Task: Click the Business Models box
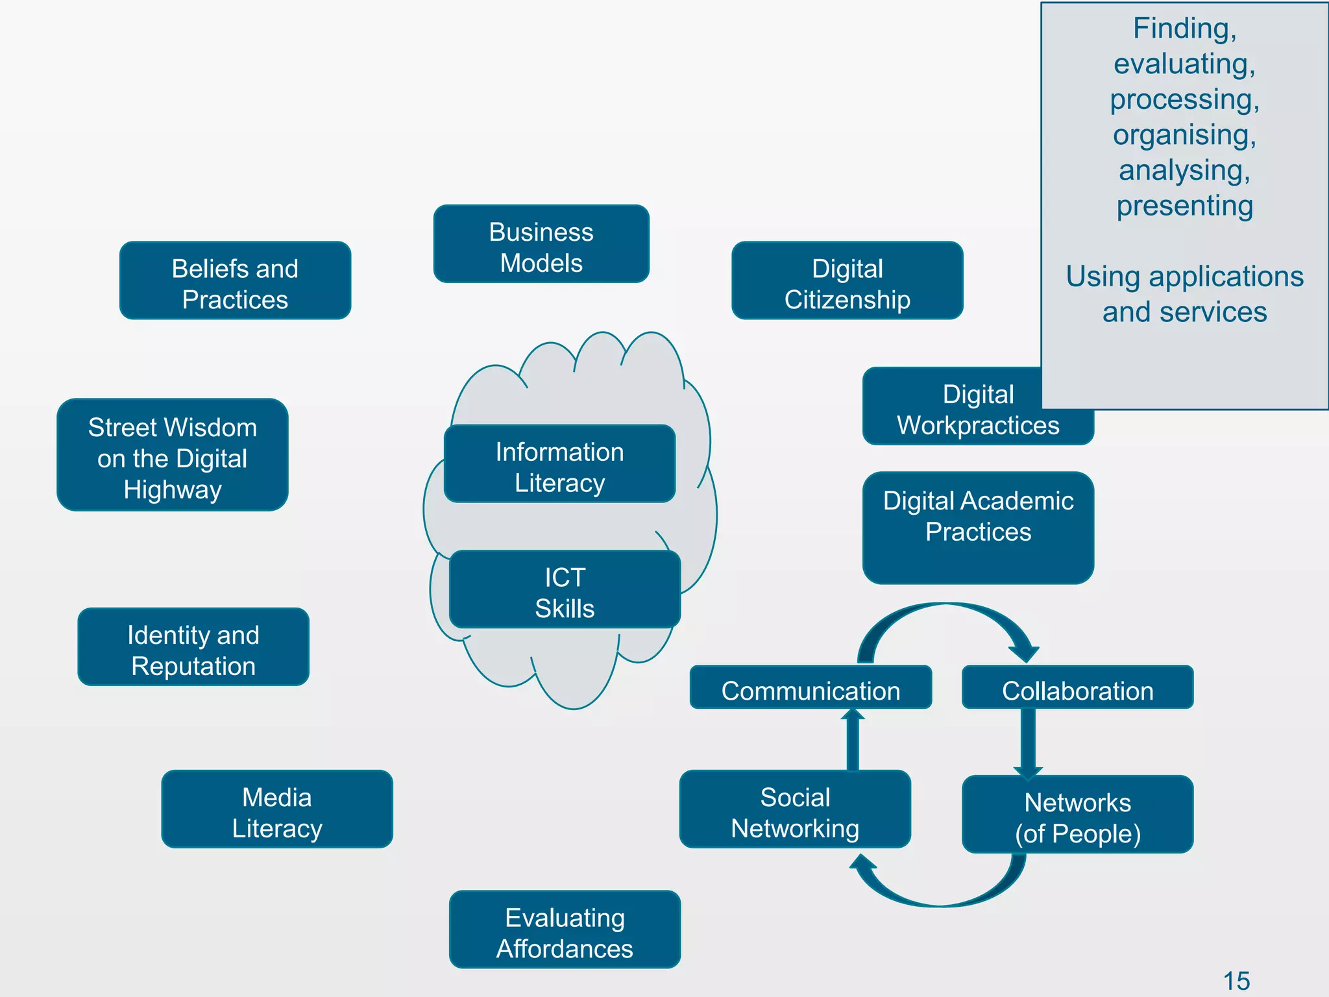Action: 541,244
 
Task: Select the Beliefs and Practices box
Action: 235,280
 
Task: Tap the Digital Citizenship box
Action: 847,280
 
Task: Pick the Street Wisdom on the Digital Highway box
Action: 173,454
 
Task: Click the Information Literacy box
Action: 559,463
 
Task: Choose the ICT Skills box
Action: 565,589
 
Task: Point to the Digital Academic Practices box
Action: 978,527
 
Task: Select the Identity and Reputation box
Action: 193,646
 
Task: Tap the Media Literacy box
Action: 277,809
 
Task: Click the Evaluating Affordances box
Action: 565,929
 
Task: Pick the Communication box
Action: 811,687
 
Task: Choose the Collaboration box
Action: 1077,687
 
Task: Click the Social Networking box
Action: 795,809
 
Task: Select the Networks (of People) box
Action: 1077,814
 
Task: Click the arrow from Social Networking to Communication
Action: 853,740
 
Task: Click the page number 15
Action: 1236,980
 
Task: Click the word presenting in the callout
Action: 1184,206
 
